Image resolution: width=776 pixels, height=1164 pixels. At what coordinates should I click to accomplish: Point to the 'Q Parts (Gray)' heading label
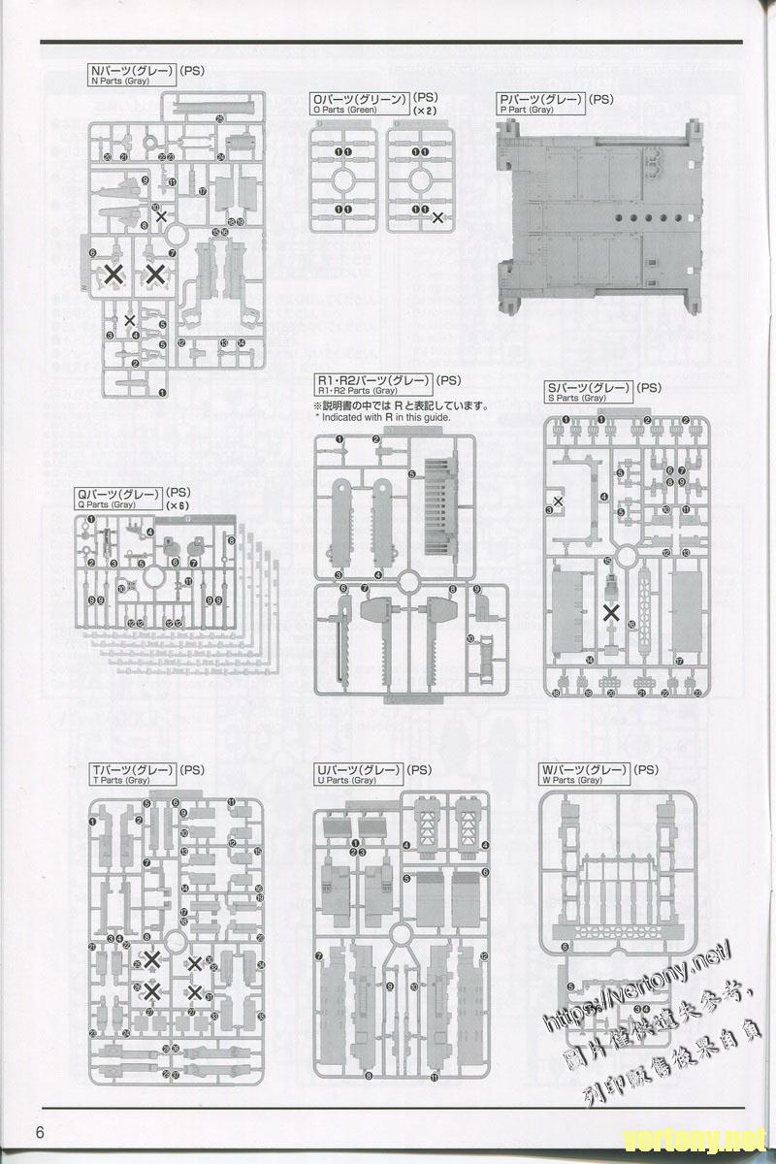click(119, 500)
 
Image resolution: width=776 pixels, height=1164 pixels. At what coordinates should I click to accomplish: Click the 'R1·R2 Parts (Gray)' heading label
click(372, 383)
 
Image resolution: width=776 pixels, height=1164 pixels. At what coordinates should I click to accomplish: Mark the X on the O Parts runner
click(438, 217)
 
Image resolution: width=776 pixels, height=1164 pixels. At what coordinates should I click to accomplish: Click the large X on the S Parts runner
click(612, 612)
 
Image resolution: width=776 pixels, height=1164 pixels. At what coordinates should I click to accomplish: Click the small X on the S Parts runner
click(558, 501)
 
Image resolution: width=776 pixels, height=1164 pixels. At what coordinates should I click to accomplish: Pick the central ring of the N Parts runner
click(178, 236)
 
